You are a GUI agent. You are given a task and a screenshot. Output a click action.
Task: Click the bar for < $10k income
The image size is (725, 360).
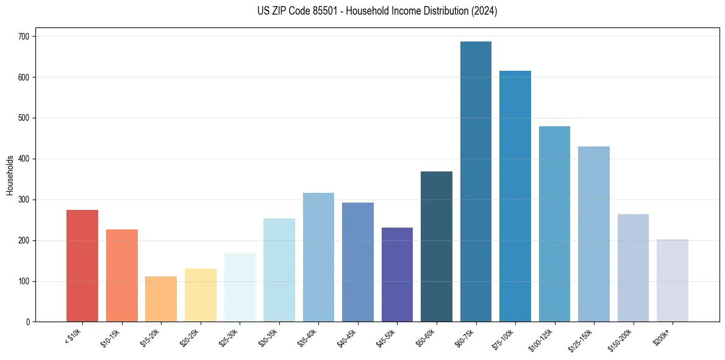click(x=82, y=265)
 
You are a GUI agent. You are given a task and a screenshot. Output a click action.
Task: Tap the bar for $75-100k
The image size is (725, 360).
click(x=515, y=196)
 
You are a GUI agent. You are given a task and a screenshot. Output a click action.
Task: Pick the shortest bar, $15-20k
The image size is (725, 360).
click(x=161, y=299)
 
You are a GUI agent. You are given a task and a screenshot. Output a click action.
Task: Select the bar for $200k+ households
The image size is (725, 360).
click(x=673, y=280)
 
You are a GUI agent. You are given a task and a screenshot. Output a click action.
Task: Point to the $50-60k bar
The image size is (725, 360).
click(x=437, y=247)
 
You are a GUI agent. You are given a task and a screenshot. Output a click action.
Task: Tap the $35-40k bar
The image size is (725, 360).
click(x=318, y=257)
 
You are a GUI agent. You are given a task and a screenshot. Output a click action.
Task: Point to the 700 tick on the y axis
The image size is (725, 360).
click(x=25, y=37)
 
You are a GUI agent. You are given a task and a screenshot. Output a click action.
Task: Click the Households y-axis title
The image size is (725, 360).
click(x=10, y=175)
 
